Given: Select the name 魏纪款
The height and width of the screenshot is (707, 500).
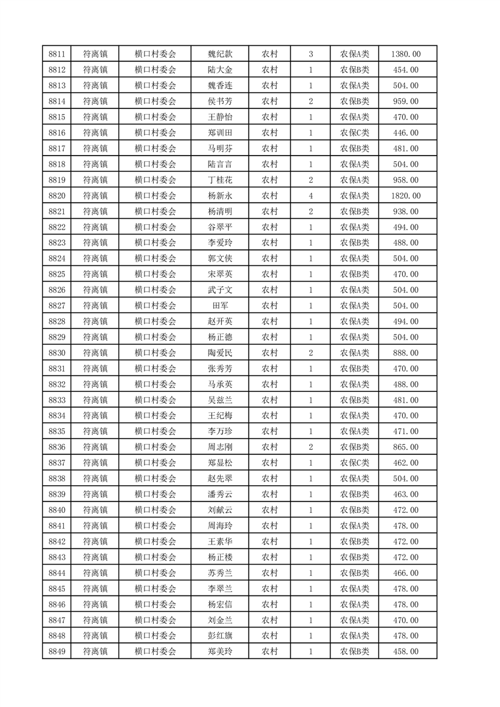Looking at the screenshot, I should click(219, 54).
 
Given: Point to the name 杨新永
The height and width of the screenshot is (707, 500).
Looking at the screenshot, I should click(219, 196).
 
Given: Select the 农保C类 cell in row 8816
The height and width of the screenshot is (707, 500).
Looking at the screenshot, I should click(355, 133).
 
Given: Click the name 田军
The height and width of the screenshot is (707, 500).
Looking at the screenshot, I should click(219, 306).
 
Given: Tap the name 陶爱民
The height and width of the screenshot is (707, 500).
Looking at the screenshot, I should click(219, 353).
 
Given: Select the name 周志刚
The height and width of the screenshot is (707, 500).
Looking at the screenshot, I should click(219, 447).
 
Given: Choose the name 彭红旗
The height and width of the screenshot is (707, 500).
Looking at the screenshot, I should click(219, 636).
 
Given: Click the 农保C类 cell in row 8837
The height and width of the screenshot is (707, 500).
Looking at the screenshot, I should click(355, 463).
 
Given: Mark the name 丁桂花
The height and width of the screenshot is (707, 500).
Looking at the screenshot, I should click(219, 180).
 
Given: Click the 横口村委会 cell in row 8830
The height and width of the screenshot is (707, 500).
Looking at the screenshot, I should click(155, 353).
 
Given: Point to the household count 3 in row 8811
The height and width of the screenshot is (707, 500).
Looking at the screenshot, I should click(311, 54).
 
